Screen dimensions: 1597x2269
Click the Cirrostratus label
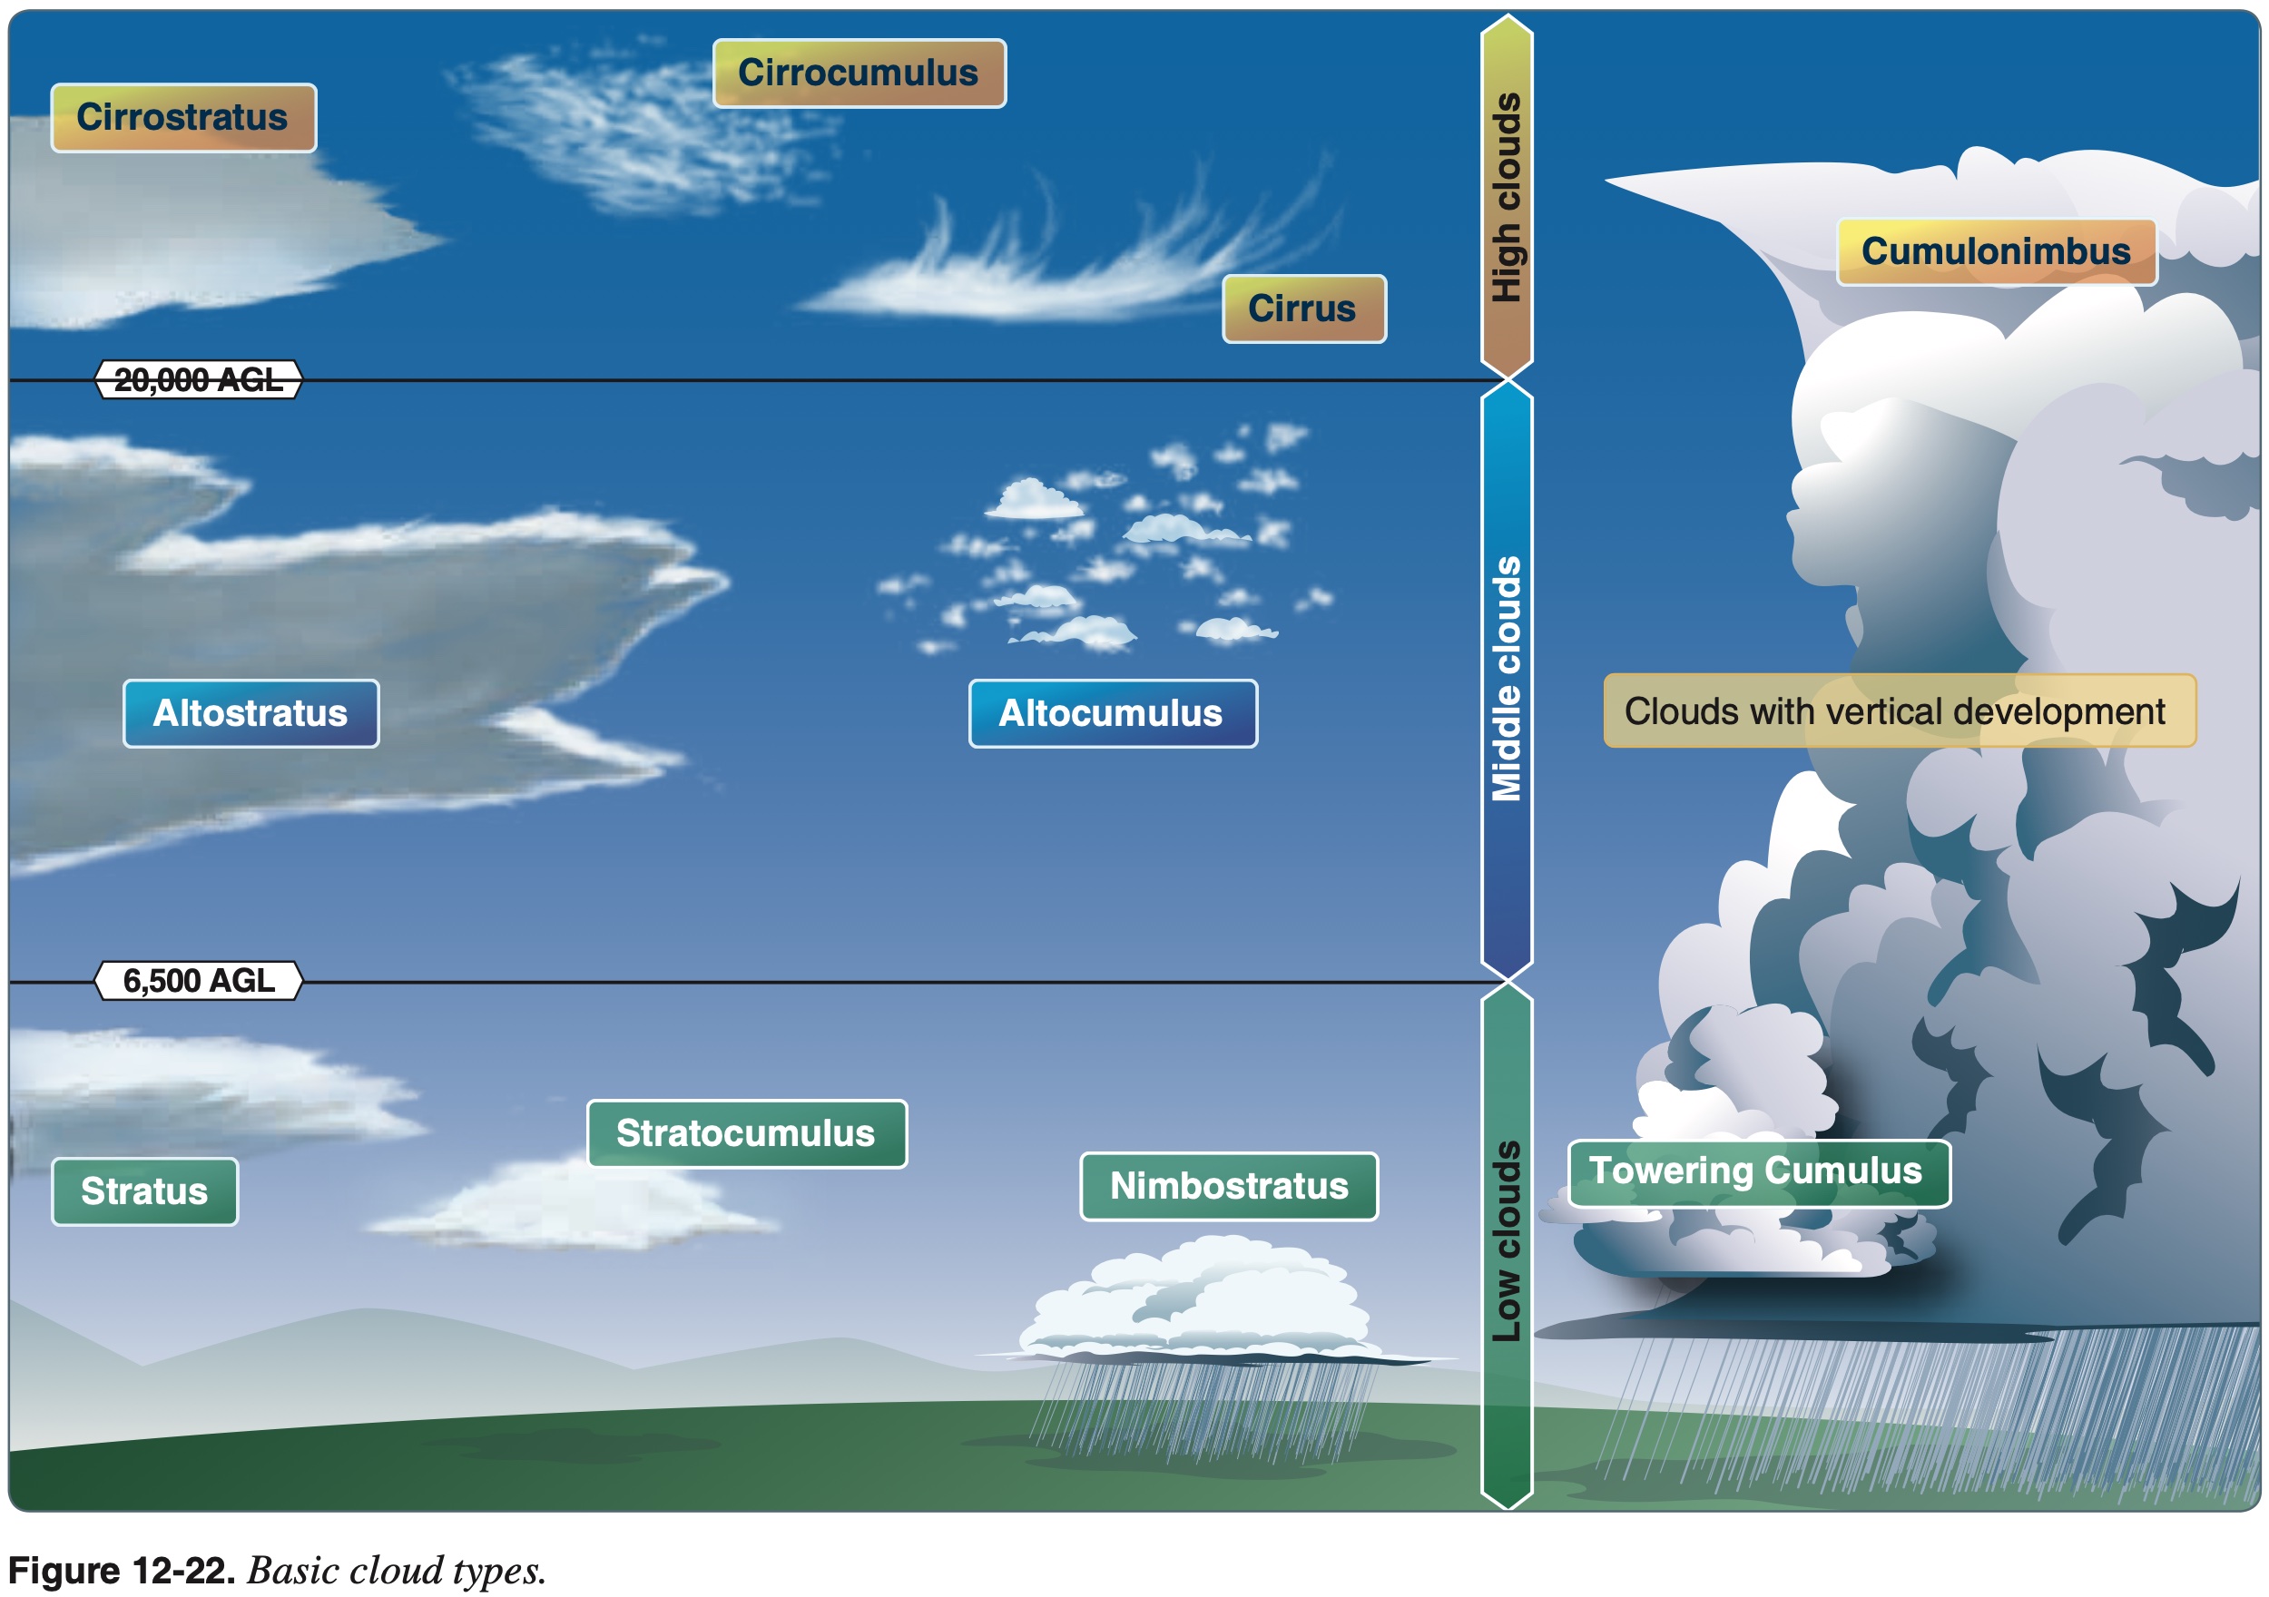tap(182, 118)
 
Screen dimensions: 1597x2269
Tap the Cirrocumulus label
tap(858, 73)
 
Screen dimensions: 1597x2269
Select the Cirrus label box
tap(1302, 309)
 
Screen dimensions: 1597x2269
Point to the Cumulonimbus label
tap(1995, 252)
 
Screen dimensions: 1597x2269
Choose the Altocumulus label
tap(1112, 712)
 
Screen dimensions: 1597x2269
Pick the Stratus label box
tap(144, 1190)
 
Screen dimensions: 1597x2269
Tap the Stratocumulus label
tap(746, 1132)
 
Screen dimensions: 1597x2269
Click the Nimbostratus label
tap(1228, 1186)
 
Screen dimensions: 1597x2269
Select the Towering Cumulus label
tap(1757, 1172)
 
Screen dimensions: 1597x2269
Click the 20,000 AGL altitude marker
tap(199, 379)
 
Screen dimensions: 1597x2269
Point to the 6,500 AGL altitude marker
tap(199, 980)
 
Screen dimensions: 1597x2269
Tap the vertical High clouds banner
tap(1506, 197)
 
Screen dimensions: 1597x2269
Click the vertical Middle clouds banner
tap(1506, 678)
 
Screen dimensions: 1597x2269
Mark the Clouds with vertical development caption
tap(1898, 710)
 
